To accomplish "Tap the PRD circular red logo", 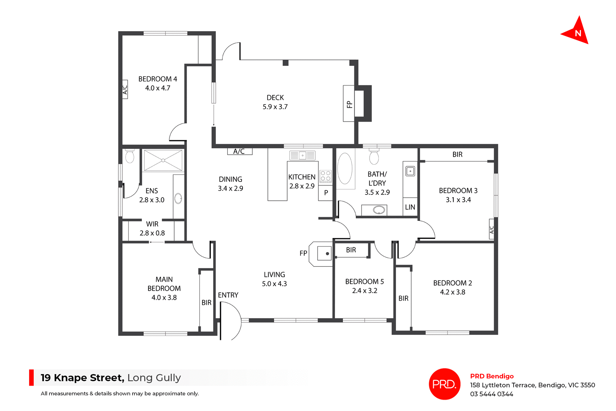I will click(x=444, y=384).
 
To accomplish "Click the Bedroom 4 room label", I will click(x=158, y=79).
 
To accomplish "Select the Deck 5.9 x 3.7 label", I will click(x=275, y=102).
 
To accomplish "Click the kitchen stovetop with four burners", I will click(x=326, y=176).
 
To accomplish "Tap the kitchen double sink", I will click(x=302, y=156).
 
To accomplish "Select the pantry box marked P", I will click(x=326, y=193).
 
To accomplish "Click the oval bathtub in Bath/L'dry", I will click(x=345, y=169).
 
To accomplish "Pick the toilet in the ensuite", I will click(x=130, y=156).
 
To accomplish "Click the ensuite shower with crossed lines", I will click(x=163, y=160).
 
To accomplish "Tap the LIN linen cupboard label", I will click(x=410, y=207).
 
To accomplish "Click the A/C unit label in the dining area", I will click(x=239, y=151).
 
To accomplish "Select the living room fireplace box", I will click(x=324, y=253).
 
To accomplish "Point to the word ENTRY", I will click(x=228, y=295).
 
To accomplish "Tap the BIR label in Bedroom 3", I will click(x=457, y=154).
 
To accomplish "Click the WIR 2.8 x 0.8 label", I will click(x=152, y=228).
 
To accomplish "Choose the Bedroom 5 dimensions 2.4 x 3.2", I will click(x=364, y=291).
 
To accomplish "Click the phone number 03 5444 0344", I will click(x=492, y=394).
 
